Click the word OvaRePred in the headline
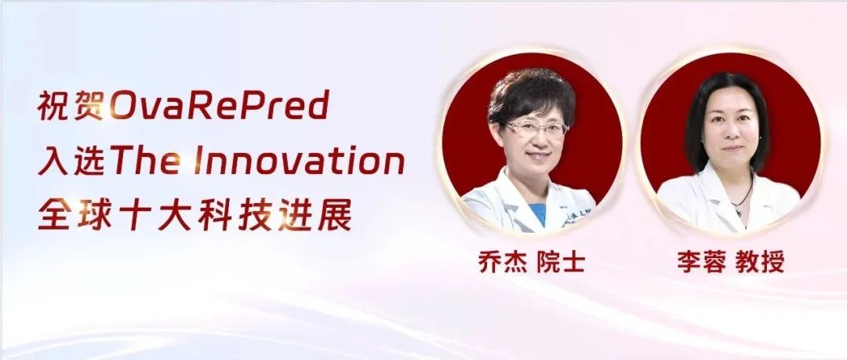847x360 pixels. point(220,105)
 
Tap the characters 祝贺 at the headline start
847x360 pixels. point(71,105)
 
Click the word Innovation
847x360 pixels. point(299,160)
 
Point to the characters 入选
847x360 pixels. point(71,161)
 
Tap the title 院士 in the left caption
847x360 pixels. point(562,263)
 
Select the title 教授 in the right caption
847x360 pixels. point(760,263)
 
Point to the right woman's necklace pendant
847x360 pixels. point(737,209)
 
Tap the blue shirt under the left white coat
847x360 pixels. point(539,213)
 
